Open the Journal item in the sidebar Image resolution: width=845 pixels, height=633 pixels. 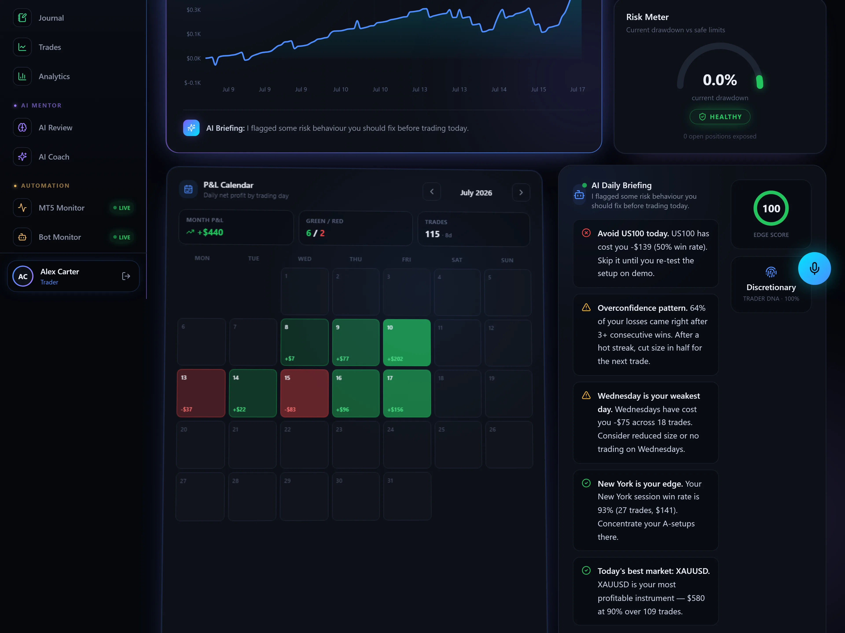click(51, 18)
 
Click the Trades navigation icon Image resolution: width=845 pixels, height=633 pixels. click(22, 47)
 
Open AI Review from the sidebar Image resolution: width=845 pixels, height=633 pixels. click(55, 127)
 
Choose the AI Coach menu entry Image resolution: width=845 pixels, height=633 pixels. click(54, 157)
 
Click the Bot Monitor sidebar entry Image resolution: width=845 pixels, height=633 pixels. click(60, 237)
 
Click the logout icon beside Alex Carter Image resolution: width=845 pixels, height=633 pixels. click(126, 276)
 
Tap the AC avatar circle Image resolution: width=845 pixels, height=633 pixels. click(23, 276)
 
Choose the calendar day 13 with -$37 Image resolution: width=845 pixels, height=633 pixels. click(201, 393)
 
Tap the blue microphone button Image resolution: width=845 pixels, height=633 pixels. click(814, 268)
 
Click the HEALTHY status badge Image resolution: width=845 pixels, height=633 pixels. click(720, 117)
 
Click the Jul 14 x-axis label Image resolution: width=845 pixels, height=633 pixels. click(499, 89)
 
